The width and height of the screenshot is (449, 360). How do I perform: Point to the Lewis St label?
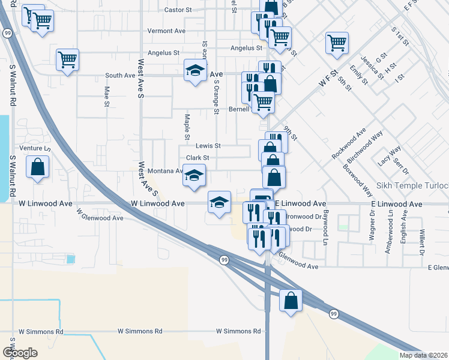(208, 146)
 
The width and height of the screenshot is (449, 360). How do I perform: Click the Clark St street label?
(197, 158)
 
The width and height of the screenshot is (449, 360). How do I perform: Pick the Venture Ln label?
(35, 148)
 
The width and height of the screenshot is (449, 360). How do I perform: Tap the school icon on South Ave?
(194, 71)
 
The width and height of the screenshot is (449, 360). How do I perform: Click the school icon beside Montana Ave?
(194, 175)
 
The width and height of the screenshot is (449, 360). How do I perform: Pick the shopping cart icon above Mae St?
(68, 59)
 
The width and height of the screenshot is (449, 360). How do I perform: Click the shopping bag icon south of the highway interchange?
(291, 299)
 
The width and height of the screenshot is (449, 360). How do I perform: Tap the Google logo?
(20, 353)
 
